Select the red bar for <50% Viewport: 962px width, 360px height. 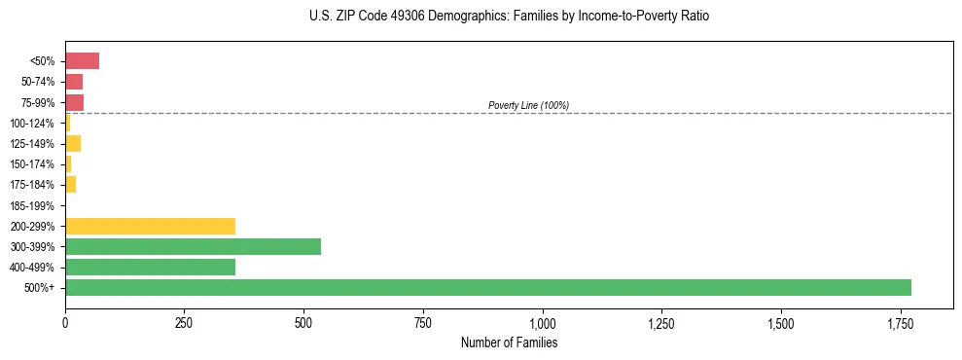click(x=82, y=61)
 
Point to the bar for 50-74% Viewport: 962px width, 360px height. click(x=74, y=82)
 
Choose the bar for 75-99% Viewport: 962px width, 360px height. click(x=74, y=102)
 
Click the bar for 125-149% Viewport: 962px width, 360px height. click(x=73, y=144)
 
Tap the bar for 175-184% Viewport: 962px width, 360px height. click(x=70, y=185)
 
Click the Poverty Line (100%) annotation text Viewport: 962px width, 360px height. click(x=528, y=105)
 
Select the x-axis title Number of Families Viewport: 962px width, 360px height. click(x=509, y=342)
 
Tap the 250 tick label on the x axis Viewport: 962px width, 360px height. click(x=184, y=323)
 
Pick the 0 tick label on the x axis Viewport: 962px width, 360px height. click(x=65, y=323)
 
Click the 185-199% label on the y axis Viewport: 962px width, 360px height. click(x=32, y=205)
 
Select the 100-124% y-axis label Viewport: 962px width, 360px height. click(x=32, y=124)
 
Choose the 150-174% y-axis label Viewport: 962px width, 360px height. click(x=32, y=164)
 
